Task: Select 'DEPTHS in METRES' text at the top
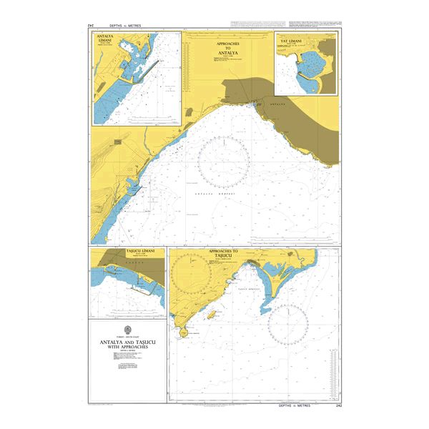[x=124, y=26]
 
